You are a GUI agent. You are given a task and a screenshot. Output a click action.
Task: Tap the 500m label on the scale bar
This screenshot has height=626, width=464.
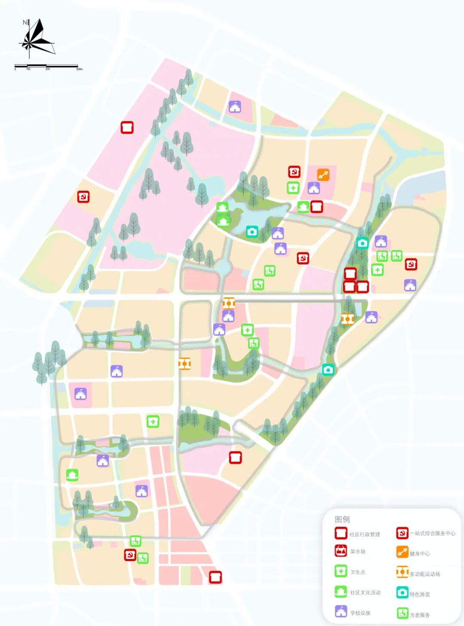point(79,69)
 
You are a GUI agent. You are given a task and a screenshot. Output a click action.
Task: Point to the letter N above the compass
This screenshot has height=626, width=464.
point(25,22)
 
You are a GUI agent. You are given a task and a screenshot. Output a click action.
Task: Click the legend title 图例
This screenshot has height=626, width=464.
point(342,519)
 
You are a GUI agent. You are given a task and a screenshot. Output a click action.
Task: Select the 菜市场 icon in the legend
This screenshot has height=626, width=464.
point(341,551)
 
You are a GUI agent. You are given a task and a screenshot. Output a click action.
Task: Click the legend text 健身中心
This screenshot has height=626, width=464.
point(419,553)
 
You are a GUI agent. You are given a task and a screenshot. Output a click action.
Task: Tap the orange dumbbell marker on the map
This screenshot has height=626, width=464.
point(323,175)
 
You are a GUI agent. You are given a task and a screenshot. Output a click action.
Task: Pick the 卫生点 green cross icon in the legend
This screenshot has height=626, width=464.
point(341,571)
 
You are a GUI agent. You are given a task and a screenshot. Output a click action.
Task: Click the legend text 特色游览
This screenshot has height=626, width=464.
point(419,594)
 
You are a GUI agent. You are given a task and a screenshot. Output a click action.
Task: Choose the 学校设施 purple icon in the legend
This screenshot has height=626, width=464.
point(341,611)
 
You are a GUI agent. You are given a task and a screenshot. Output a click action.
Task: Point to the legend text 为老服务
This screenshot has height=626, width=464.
point(419,615)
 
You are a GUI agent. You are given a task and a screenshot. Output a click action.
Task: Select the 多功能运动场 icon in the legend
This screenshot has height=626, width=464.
point(402,572)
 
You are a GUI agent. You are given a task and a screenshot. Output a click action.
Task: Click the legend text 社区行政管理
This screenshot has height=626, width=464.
point(364,534)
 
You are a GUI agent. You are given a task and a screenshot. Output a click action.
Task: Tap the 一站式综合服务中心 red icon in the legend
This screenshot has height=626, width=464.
point(402,533)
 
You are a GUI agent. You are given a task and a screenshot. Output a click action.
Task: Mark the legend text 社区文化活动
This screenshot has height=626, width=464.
point(365,592)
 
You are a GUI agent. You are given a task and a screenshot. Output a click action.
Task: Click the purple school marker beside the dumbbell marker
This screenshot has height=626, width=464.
point(314,188)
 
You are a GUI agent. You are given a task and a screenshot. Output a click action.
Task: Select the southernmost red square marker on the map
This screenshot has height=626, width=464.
point(215,577)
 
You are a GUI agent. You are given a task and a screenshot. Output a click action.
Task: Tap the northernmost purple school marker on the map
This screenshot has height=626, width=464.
point(235,107)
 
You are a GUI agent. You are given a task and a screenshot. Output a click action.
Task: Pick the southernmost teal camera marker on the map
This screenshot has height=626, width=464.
point(328,369)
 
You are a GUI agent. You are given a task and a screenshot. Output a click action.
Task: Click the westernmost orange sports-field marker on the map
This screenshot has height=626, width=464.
point(184,364)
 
